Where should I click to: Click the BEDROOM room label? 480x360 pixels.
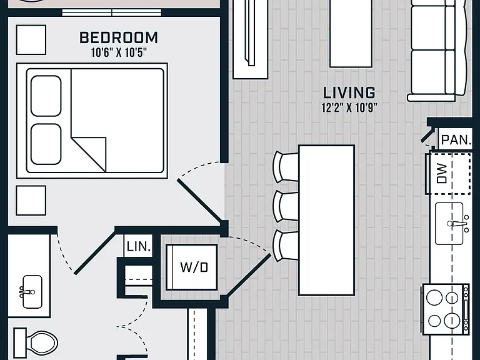[x=119, y=38]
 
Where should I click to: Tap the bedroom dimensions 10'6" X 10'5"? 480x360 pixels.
[x=119, y=52]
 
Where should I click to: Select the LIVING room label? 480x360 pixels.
[x=349, y=92]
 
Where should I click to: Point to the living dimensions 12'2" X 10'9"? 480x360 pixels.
[x=349, y=107]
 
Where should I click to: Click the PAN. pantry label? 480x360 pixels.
[x=456, y=140]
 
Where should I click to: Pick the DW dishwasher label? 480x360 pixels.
[x=442, y=173]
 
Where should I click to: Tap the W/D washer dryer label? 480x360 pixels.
[x=194, y=267]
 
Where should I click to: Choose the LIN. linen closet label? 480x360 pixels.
[x=139, y=246]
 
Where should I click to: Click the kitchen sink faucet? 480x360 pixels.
[x=458, y=224]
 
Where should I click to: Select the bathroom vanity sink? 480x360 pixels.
[x=32, y=292]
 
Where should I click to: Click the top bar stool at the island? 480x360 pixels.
[x=286, y=167]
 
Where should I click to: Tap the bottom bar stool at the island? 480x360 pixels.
[x=286, y=246]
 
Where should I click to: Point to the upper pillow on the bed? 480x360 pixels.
[x=46, y=96]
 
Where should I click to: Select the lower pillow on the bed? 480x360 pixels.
[x=46, y=144]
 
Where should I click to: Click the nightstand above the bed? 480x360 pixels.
[x=31, y=40]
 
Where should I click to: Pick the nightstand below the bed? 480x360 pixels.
[x=31, y=201]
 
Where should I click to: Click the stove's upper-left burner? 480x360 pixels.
[x=434, y=297]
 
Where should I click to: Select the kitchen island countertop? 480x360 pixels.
[x=327, y=220]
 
